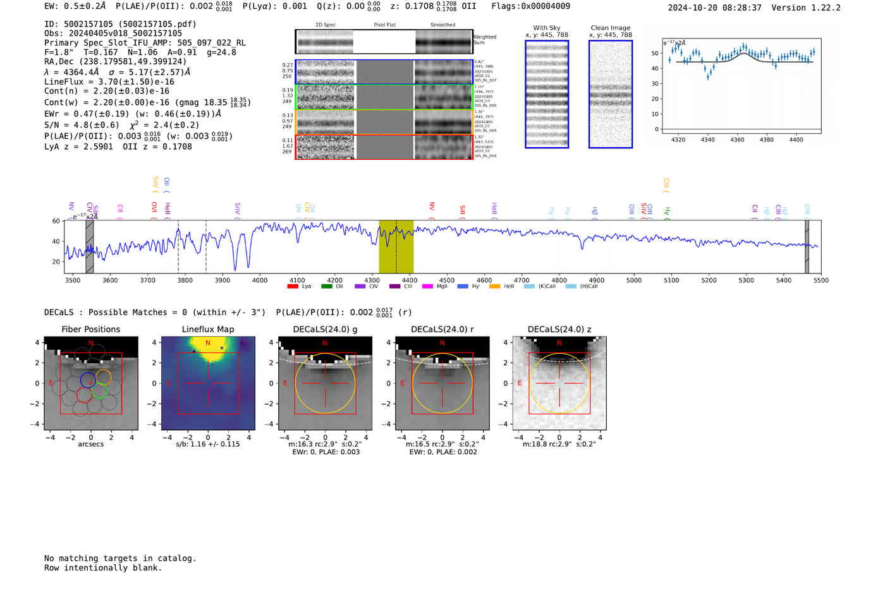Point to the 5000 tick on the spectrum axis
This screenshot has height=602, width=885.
pos(634,280)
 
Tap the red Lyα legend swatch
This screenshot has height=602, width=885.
pos(293,287)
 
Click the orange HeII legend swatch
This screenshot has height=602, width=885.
pos(494,287)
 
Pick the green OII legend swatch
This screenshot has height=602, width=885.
pos(326,287)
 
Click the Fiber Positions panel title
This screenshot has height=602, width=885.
pos(90,330)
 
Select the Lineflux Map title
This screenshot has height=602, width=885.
pos(208,330)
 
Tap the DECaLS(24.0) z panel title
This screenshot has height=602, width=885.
pos(559,330)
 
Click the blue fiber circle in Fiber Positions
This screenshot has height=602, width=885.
pos(88,380)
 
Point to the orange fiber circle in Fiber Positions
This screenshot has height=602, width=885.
pos(104,377)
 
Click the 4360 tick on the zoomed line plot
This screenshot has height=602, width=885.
pos(737,140)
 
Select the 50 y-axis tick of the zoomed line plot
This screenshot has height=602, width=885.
pos(655,54)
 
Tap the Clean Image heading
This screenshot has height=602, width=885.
pos(610,28)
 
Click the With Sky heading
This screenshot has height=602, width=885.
pos(547,28)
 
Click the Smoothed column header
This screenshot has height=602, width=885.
pos(442,25)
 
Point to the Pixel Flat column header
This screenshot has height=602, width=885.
pos(384,25)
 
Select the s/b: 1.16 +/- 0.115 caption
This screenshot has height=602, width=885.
pos(208,445)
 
